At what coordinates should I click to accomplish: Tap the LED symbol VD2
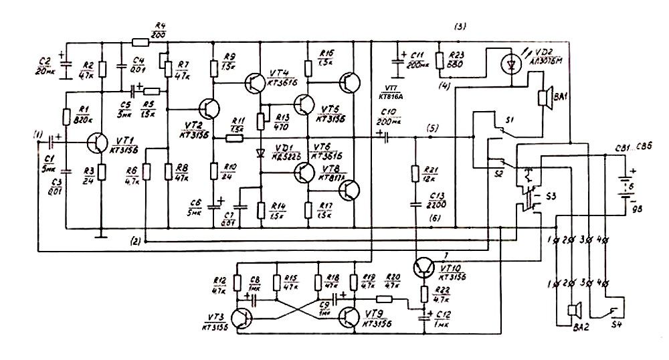[512, 64]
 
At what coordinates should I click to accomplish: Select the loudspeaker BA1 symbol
[545, 98]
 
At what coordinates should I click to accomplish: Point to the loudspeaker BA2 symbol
[571, 310]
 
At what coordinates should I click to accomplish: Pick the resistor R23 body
[439, 60]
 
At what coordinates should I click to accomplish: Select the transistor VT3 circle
[242, 317]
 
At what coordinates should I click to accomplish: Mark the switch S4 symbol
[613, 310]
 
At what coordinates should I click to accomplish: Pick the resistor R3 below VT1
[102, 172]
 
